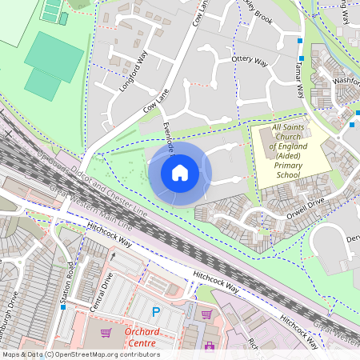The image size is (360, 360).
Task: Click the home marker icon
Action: pos(180,172)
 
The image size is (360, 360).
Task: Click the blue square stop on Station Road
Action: pos(62,306)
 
